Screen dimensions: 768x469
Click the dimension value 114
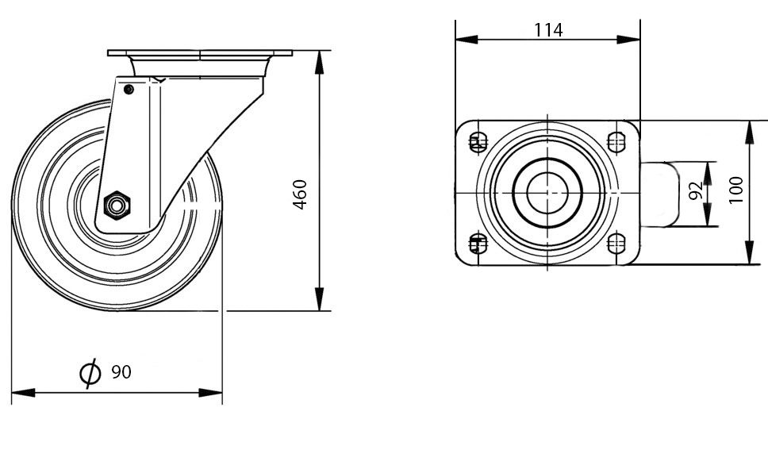(548, 30)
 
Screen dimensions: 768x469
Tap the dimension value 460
(300, 194)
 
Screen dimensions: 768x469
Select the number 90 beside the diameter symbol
(121, 372)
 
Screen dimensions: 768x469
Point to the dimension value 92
(695, 191)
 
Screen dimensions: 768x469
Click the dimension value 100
(735, 190)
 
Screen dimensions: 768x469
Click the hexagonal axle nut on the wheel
(117, 206)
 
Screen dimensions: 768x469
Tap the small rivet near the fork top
(129, 89)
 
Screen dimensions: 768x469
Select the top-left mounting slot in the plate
(478, 142)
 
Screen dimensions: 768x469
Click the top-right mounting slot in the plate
(616, 142)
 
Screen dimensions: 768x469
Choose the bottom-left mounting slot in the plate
(478, 244)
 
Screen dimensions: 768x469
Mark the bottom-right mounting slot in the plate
(616, 244)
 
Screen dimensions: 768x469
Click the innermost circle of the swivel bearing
(547, 193)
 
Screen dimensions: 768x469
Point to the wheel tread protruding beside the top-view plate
(659, 194)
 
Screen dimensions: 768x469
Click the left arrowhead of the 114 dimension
(467, 39)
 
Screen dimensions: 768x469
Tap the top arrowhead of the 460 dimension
(320, 62)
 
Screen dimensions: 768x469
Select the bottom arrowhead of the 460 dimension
(320, 299)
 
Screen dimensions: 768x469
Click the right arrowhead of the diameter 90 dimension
(210, 393)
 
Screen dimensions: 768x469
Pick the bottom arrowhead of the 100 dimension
(750, 253)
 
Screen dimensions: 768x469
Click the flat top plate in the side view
(200, 53)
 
